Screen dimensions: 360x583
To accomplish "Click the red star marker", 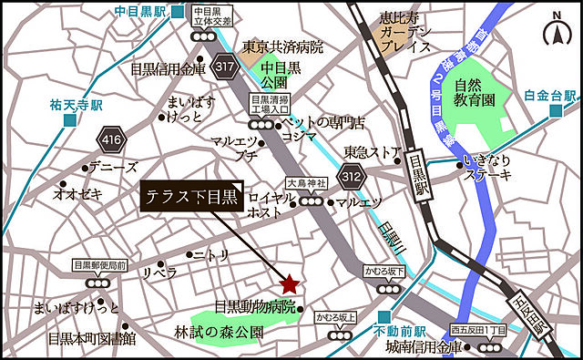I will tap(289, 283).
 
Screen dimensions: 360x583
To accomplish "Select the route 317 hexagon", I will tap(225, 66).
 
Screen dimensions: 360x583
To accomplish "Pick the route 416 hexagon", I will tap(111, 139).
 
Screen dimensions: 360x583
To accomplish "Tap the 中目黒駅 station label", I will tap(142, 12).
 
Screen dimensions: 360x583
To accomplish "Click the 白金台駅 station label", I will tap(550, 95).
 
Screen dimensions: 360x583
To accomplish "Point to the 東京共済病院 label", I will tap(283, 46).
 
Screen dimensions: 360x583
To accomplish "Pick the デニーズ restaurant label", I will tap(112, 168).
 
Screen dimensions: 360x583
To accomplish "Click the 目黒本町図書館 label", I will tap(92, 338).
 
